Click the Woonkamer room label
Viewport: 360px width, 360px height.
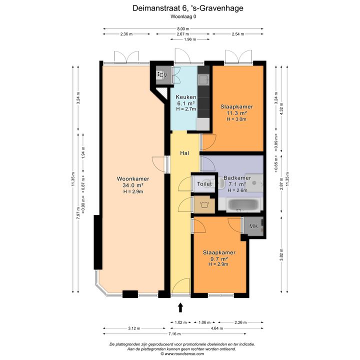click(x=133, y=178)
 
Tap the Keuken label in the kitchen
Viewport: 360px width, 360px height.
click(x=186, y=97)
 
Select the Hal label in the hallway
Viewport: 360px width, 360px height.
click(x=184, y=153)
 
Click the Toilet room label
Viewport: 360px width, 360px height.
click(x=204, y=184)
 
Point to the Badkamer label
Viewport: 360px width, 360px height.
click(x=237, y=177)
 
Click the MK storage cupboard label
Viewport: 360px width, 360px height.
click(x=253, y=226)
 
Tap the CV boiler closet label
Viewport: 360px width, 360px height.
click(x=163, y=75)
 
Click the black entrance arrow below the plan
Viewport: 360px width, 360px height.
click(x=180, y=307)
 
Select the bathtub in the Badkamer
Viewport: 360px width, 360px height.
click(x=244, y=205)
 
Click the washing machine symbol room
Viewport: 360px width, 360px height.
click(x=204, y=204)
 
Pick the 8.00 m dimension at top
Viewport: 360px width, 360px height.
click(x=183, y=29)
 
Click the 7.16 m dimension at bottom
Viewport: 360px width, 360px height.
click(x=174, y=334)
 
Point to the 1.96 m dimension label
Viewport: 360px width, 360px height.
click(x=190, y=39)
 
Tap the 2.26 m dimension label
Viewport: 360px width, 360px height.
click(x=240, y=322)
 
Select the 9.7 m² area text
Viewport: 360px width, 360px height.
click(x=219, y=259)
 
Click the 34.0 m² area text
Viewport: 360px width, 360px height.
click(x=133, y=185)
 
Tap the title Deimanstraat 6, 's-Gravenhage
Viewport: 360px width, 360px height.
click(x=188, y=8)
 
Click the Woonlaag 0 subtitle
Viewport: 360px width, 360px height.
click(x=183, y=16)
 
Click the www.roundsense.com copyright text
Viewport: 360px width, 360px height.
click(x=182, y=354)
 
